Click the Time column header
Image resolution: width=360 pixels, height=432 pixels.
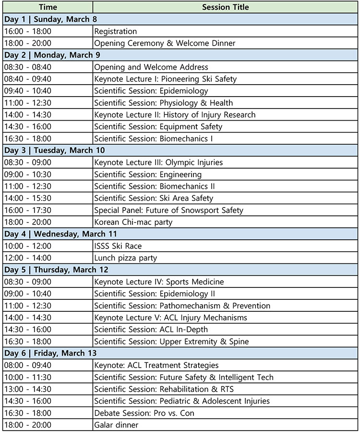[48, 7]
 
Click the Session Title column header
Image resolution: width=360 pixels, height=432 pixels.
[226, 7]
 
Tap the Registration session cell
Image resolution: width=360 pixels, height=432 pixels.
[116, 31]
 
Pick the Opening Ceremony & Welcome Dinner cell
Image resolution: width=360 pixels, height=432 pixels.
[165, 43]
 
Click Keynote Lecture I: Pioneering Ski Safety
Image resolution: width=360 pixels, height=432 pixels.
[165, 79]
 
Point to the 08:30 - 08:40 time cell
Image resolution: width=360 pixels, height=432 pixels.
[27, 67]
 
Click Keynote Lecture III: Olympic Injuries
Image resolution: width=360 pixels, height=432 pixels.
[158, 162]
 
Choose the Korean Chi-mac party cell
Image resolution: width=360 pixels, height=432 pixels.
[133, 222]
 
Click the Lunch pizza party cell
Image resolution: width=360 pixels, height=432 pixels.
[125, 258]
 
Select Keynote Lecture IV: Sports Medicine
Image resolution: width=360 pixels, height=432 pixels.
[159, 282]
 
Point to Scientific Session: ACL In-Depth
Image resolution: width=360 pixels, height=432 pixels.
[151, 329]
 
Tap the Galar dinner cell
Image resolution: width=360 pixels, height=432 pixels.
[116, 425]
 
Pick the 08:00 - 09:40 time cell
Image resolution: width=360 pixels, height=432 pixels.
[27, 365]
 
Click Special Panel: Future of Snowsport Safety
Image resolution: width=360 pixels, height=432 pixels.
[168, 210]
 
